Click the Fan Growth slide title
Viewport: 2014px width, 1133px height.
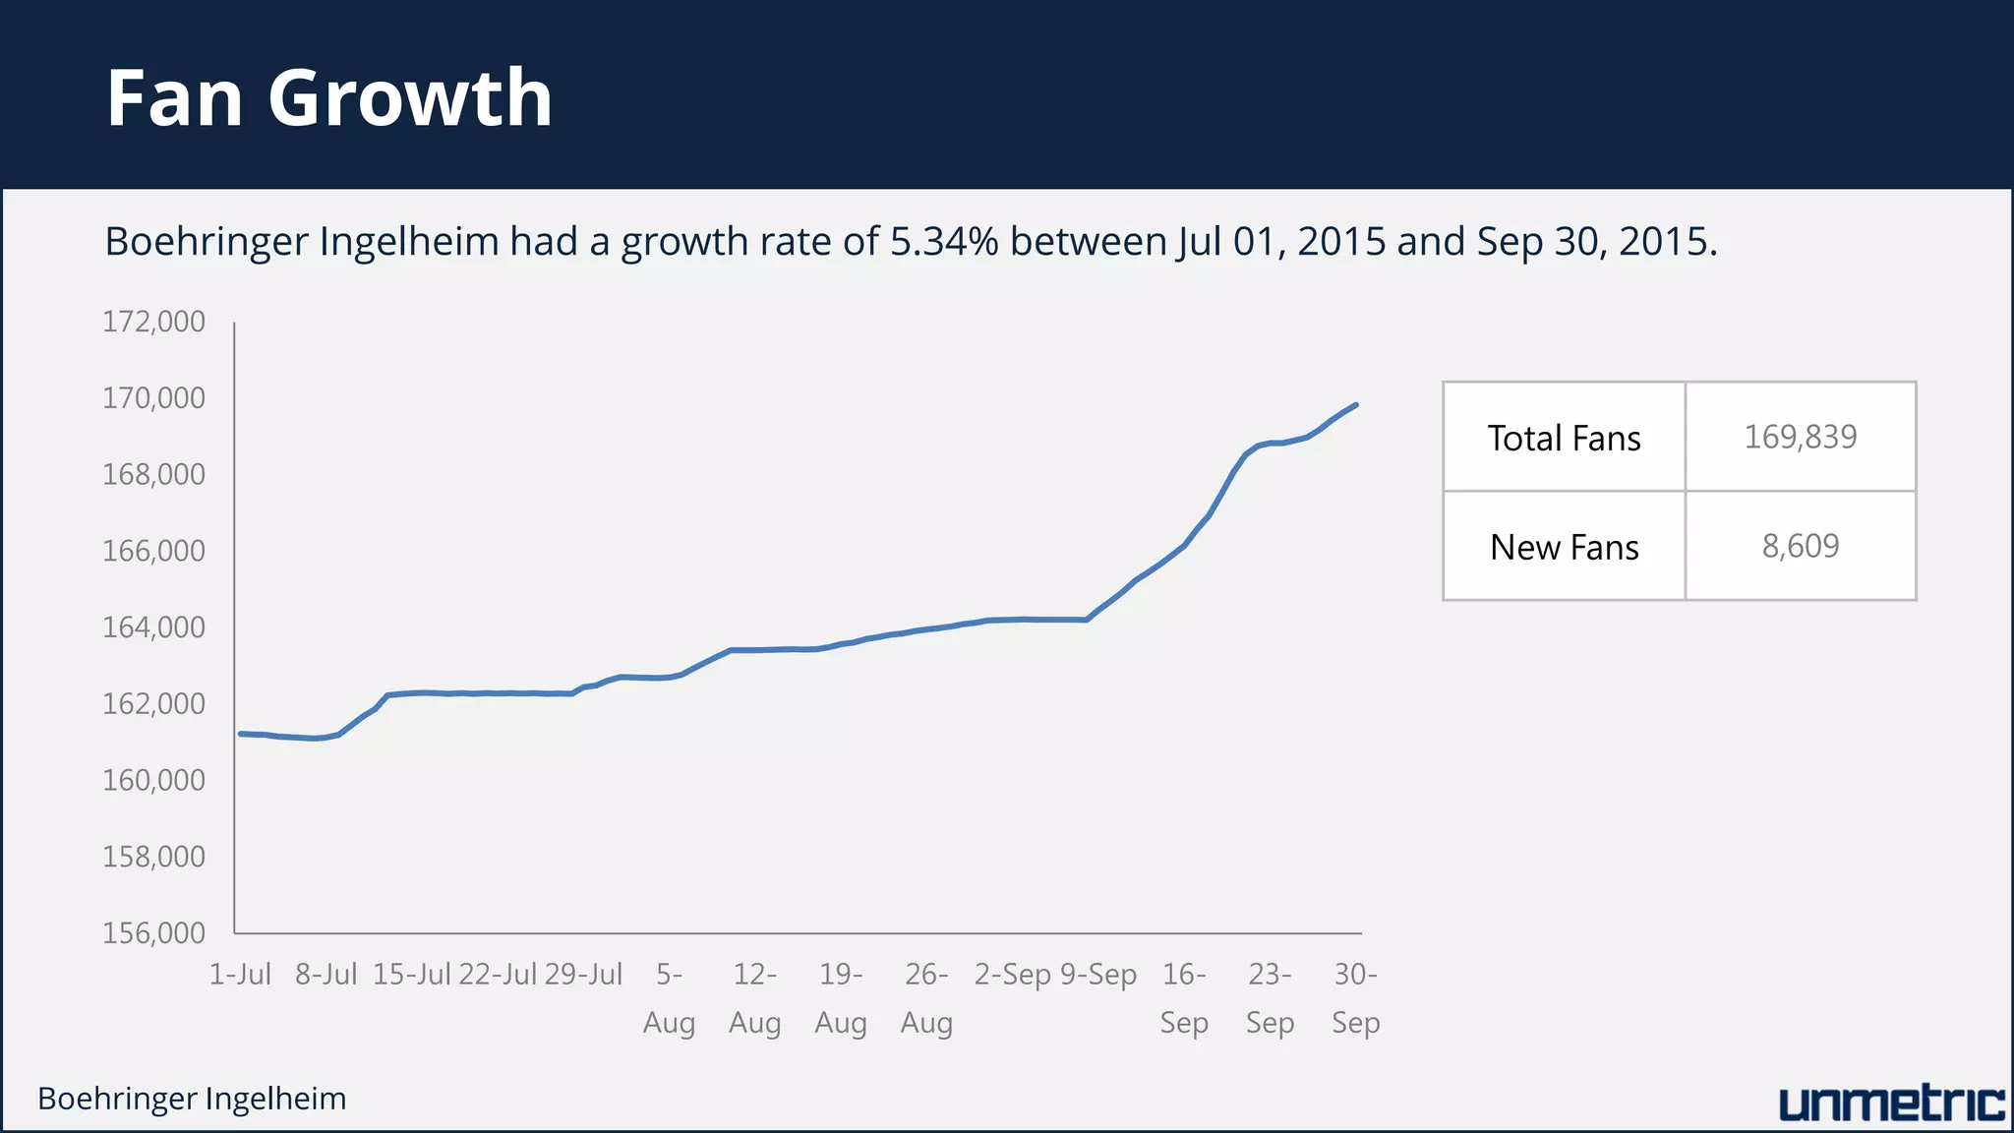328,98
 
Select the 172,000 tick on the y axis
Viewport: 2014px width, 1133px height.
154,322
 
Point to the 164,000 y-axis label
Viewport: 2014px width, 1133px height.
154,627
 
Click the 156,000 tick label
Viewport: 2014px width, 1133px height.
154,932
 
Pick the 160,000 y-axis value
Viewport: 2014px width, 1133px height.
154,780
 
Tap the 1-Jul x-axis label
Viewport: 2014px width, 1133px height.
240,975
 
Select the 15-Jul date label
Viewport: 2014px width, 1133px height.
411,975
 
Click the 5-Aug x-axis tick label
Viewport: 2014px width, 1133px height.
669,998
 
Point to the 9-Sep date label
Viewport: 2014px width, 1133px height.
1098,975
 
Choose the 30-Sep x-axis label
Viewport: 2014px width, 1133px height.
1355,998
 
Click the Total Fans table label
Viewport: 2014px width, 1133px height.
1564,439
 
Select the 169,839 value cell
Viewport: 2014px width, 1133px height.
1800,437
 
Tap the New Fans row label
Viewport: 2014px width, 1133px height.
1564,547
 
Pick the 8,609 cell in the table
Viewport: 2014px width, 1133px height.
1800,546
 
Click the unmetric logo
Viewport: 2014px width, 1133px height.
1891,1103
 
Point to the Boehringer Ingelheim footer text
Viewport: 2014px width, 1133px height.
192,1099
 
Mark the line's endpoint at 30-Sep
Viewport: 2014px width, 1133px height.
1356,404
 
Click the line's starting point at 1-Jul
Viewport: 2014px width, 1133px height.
241,734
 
